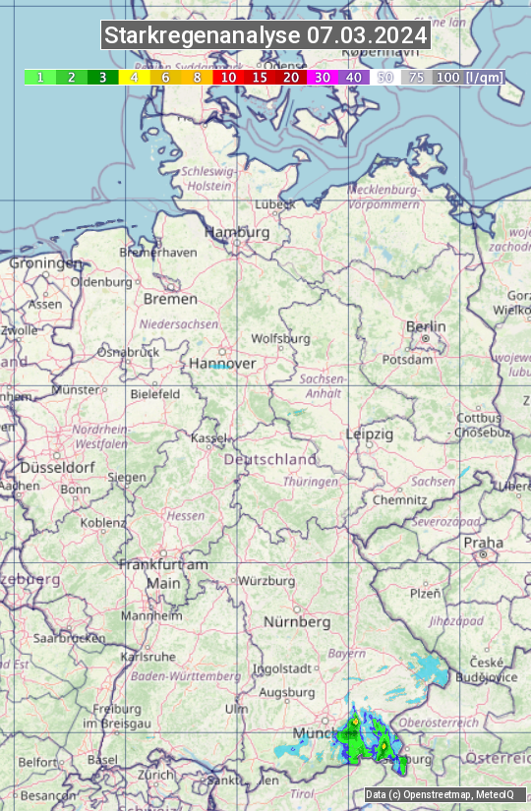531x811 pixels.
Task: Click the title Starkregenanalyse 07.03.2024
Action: point(265,36)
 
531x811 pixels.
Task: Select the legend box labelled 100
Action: point(448,77)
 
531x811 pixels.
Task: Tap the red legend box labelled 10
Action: point(228,77)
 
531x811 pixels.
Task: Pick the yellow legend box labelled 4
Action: point(133,77)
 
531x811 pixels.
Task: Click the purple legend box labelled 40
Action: point(354,77)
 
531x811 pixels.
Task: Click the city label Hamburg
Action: point(237,232)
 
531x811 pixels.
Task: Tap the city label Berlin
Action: point(426,326)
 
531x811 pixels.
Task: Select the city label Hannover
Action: point(222,363)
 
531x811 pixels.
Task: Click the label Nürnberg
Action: point(297,621)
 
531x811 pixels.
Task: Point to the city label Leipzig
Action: point(370,434)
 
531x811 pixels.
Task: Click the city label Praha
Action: point(483,542)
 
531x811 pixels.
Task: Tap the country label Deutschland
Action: point(270,459)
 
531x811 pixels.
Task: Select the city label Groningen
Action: point(45,262)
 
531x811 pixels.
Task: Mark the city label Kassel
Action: point(208,437)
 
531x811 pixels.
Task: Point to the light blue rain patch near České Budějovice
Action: point(429,669)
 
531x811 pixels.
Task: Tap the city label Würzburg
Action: point(266,581)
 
